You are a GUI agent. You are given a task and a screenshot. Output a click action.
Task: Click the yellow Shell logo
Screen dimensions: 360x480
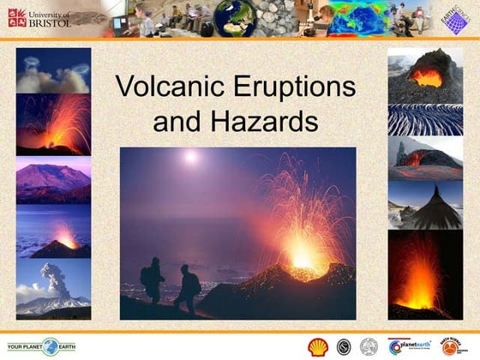point(318,346)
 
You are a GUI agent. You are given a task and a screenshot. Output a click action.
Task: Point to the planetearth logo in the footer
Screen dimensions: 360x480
point(408,346)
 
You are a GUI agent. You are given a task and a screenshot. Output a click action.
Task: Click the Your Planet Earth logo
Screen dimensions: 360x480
point(42,347)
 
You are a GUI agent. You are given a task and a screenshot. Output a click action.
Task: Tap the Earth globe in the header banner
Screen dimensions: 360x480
point(234,18)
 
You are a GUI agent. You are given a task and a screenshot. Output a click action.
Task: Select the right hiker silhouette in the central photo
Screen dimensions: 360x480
point(186,288)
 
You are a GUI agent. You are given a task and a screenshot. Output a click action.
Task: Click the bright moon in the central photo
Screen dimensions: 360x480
point(190,158)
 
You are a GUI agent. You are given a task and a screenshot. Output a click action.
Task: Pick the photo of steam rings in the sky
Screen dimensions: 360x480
point(52,71)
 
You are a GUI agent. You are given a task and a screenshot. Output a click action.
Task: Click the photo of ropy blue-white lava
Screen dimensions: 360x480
point(425,120)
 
